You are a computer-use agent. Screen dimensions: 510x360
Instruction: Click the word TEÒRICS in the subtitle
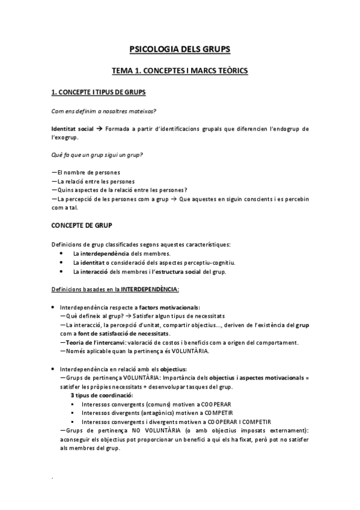click(229, 71)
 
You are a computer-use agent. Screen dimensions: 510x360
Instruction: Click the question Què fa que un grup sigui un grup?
click(97, 155)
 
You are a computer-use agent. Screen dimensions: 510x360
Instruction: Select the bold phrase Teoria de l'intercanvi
click(93, 343)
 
